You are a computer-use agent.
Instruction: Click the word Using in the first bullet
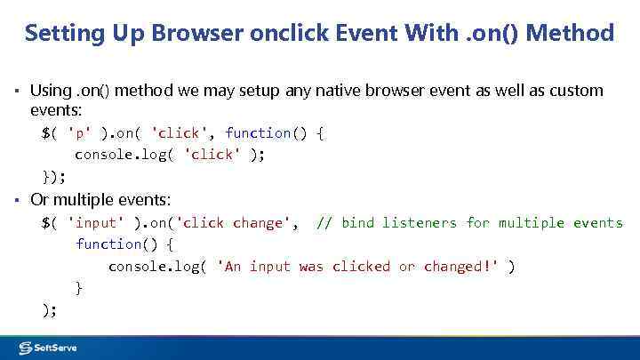point(51,91)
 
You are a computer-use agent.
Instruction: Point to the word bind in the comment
point(358,222)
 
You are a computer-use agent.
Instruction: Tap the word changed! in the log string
point(461,266)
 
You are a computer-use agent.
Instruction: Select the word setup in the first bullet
point(236,91)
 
